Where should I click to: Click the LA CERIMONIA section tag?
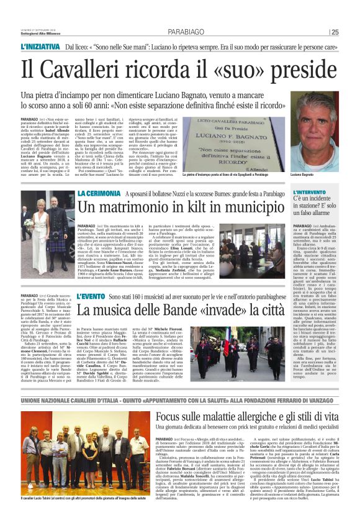point(97,194)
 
